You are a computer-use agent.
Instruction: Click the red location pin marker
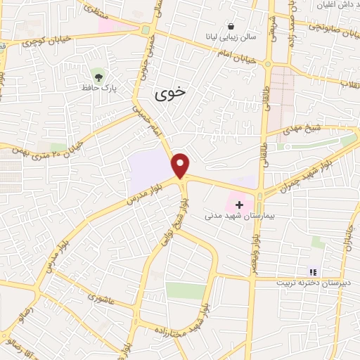pos(181,165)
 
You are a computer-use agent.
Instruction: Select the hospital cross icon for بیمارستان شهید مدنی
pos(240,205)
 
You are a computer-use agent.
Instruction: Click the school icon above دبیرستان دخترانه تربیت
pos(313,271)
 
